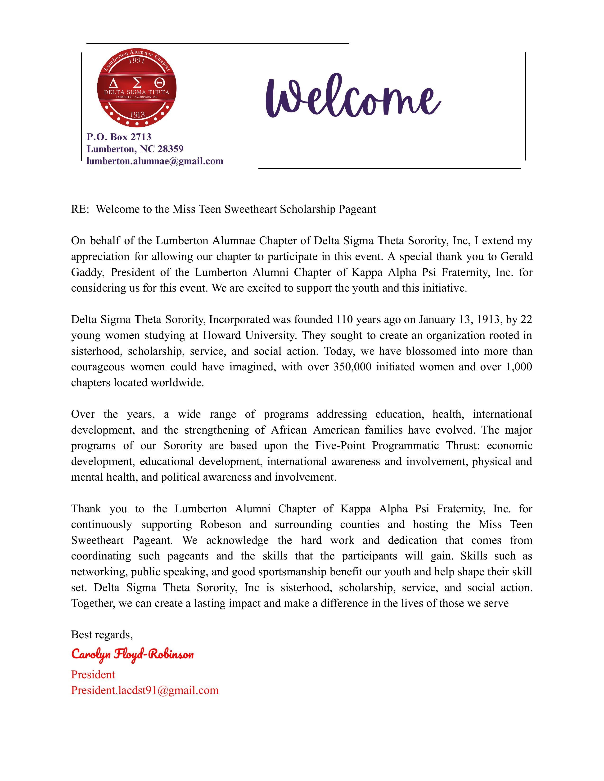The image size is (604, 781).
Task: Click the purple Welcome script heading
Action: [352, 97]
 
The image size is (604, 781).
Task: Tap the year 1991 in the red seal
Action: [136, 61]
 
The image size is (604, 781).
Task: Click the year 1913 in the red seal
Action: [137, 115]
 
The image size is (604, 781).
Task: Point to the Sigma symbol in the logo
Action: [136, 84]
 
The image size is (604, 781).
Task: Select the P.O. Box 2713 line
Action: [119, 137]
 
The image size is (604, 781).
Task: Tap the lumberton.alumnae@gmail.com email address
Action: [155, 161]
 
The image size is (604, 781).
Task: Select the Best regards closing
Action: [102, 635]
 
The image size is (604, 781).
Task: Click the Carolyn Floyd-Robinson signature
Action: [132, 654]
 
